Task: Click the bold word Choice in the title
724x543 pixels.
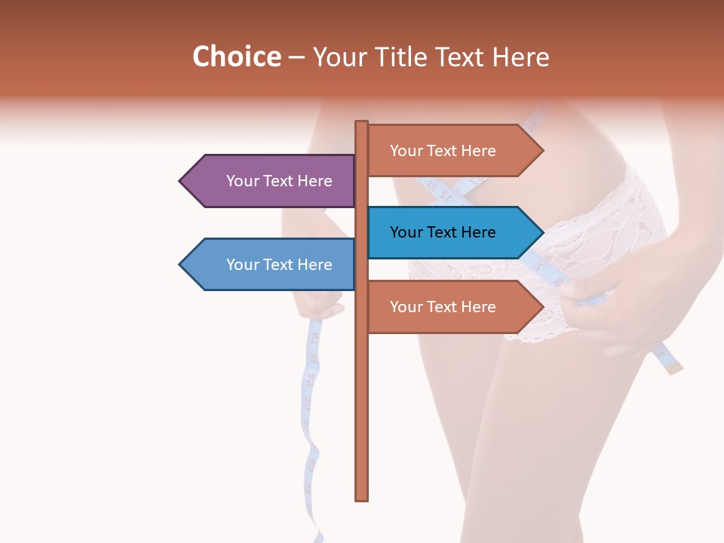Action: click(x=236, y=57)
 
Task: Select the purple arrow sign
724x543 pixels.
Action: click(x=271, y=181)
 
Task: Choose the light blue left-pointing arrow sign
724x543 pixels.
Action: click(x=271, y=265)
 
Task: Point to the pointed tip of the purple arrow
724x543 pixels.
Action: click(x=181, y=181)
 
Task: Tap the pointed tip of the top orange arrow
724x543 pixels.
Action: click(x=542, y=151)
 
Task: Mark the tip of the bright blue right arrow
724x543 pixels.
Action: click(x=542, y=232)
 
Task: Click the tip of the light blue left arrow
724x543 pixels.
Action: click(x=181, y=265)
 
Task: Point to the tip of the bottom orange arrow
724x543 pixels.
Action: click(x=542, y=307)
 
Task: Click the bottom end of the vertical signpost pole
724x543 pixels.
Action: click(x=362, y=499)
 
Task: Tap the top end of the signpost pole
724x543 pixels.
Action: click(x=362, y=122)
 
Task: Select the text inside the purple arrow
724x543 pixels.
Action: click(x=279, y=181)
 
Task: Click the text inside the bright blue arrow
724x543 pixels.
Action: click(x=443, y=232)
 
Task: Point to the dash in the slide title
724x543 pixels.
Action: click(x=296, y=58)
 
